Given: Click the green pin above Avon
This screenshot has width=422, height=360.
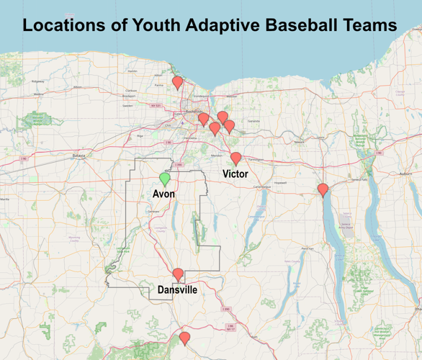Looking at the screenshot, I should click(x=165, y=178).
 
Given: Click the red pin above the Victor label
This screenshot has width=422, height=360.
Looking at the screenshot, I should click(x=235, y=158).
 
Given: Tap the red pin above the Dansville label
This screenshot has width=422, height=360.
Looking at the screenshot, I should click(x=178, y=274).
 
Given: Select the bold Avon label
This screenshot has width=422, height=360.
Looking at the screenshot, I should click(x=164, y=194).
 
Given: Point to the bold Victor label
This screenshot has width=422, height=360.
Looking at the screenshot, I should click(x=235, y=174).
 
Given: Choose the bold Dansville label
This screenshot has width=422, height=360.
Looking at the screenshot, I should click(x=177, y=289).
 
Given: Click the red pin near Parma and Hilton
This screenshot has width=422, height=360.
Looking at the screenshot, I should click(x=177, y=81).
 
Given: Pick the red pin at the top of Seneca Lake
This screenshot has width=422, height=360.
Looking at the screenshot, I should click(x=323, y=189).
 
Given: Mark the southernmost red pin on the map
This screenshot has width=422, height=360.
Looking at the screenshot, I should click(x=185, y=338).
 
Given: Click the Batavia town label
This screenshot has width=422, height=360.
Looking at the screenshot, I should click(x=78, y=155).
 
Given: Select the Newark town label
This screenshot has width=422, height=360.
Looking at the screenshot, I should click(x=300, y=142).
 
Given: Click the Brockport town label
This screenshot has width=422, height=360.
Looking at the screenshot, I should click(x=129, y=95).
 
